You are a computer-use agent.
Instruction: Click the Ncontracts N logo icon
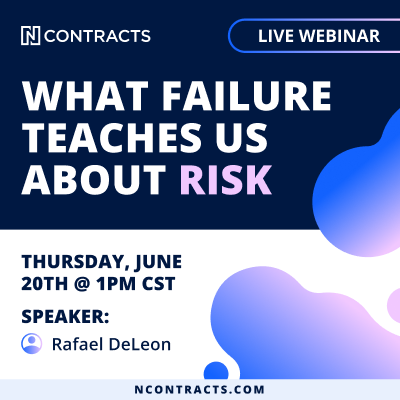point(30,36)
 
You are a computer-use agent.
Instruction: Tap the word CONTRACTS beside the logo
point(97,36)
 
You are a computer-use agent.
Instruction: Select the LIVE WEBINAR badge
point(314,36)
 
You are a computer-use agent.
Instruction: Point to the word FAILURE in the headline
point(247,95)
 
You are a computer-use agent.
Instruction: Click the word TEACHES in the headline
point(113,138)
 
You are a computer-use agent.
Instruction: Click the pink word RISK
point(226,180)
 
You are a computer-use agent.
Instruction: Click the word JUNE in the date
point(158,262)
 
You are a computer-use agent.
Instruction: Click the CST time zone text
point(159,284)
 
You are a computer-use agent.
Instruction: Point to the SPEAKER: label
point(65,316)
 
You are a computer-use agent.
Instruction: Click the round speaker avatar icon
point(32,344)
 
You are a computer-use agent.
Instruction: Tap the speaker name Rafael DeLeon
point(111,344)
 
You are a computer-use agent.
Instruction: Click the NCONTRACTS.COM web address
point(200,389)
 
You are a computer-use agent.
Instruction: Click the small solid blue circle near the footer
point(216,371)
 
